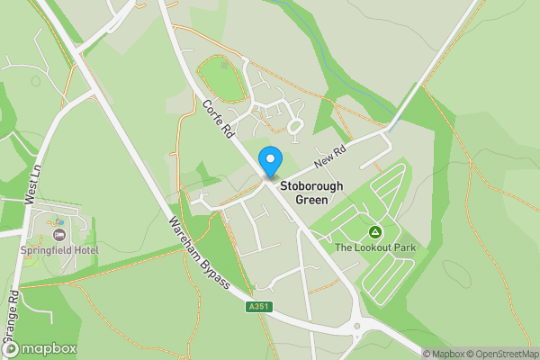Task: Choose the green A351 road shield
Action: click(x=258, y=308)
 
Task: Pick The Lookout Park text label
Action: click(x=374, y=247)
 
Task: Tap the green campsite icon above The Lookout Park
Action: click(x=374, y=232)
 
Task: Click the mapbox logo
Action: click(x=39, y=348)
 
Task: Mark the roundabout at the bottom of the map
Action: click(x=358, y=328)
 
